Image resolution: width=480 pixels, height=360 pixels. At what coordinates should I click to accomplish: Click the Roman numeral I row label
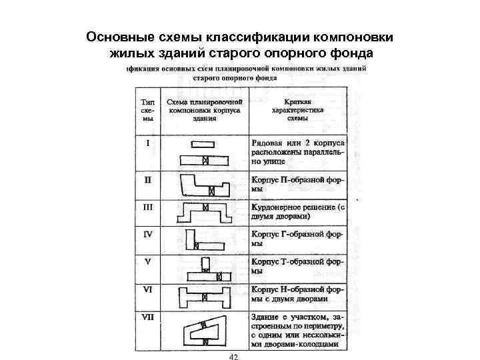[x=148, y=142]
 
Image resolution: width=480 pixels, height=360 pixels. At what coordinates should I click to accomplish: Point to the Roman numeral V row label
[x=148, y=261]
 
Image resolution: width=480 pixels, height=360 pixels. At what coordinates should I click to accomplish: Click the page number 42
[x=233, y=357]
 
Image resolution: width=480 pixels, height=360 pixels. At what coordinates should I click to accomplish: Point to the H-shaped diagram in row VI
[x=206, y=295]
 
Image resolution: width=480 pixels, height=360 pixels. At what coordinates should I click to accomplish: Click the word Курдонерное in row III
[x=276, y=207]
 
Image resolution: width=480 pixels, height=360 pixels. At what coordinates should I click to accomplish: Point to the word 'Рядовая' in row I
[x=267, y=143]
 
